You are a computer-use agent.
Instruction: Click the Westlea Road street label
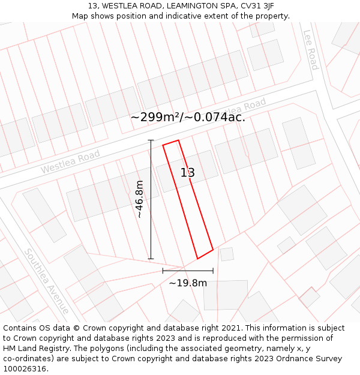(70, 163)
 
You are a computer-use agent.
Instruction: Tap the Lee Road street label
(310, 50)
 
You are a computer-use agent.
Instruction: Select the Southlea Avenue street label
(46, 281)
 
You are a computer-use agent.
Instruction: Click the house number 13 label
(188, 173)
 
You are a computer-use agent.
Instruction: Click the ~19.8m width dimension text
(188, 283)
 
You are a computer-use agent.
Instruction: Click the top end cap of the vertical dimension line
(151, 140)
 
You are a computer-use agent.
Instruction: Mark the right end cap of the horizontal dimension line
(213, 271)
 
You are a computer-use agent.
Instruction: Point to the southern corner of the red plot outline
(197, 259)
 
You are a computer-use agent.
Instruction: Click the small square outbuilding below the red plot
(227, 254)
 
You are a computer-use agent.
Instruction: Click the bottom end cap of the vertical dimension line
(151, 259)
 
